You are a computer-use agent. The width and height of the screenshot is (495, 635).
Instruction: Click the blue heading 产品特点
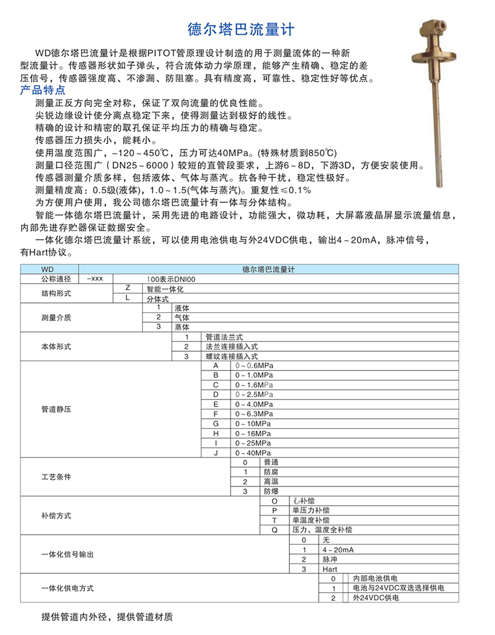click(43, 91)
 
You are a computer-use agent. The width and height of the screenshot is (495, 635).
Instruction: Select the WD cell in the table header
click(47, 269)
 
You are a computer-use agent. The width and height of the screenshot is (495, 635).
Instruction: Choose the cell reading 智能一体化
click(165, 288)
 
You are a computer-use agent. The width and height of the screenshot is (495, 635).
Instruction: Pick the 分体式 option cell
click(157, 298)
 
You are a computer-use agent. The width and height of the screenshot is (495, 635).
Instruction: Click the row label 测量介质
click(56, 317)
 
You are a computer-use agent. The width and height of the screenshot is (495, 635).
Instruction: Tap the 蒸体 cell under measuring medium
click(182, 327)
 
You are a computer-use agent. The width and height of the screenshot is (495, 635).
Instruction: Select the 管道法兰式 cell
click(224, 337)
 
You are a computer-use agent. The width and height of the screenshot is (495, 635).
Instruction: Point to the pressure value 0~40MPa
click(253, 452)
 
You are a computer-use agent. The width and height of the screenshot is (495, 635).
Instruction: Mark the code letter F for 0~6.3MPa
click(215, 413)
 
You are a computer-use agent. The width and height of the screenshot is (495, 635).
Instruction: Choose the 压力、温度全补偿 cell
click(321, 529)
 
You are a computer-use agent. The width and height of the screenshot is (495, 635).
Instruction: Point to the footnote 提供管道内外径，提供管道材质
click(108, 616)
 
